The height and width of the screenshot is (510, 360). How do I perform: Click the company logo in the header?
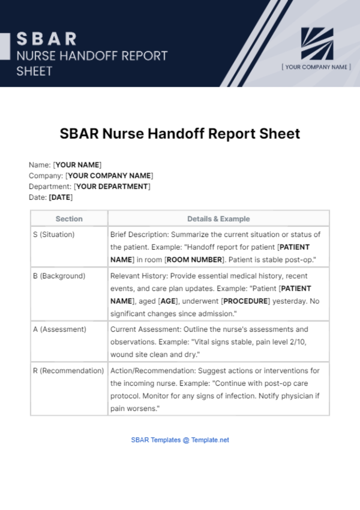317,44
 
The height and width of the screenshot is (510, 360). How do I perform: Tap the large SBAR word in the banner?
46,39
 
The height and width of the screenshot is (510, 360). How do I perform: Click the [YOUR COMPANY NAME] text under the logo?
316,67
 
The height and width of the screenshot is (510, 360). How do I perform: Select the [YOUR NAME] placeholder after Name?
77,165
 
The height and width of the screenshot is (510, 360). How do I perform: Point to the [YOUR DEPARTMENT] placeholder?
112,187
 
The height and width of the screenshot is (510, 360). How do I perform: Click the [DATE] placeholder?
61,197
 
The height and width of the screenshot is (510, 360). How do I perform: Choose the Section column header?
69,219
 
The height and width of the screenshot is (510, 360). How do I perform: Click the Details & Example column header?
218,219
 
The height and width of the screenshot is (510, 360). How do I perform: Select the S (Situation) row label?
54,235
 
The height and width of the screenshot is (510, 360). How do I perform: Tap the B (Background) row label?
59,276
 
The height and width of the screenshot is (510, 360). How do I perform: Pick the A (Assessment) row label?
59,329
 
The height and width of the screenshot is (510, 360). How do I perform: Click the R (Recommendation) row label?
68,371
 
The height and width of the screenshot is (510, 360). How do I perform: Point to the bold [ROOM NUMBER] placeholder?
194,260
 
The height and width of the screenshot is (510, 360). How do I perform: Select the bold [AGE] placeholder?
168,301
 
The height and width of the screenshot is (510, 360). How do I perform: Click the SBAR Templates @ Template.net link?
180,440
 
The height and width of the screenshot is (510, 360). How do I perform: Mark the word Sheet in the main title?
280,134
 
